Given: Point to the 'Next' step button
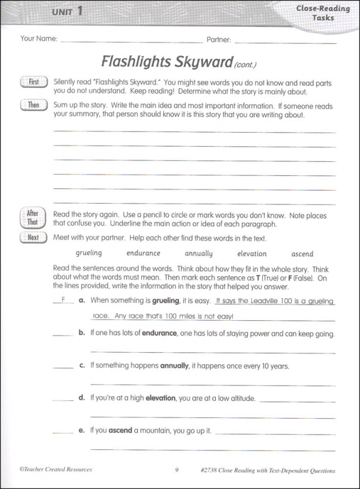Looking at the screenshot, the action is pyautogui.click(x=33, y=238).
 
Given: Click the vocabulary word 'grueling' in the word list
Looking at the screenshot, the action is pyautogui.click(x=89, y=253).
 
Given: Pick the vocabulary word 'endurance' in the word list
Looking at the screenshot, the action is pyautogui.click(x=143, y=253).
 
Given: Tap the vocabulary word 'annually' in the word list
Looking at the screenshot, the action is pyautogui.click(x=198, y=253).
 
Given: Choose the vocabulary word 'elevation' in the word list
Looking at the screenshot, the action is pyautogui.click(x=252, y=253).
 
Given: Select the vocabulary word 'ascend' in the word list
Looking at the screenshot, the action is pyautogui.click(x=302, y=253).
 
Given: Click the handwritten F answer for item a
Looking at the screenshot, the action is pyautogui.click(x=62, y=300).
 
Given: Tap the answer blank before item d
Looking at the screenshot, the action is pyautogui.click(x=62, y=398).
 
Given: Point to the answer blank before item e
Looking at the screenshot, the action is pyautogui.click(x=62, y=430).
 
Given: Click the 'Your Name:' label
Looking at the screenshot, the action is pyautogui.click(x=39, y=39).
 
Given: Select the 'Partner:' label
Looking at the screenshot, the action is pyautogui.click(x=218, y=39).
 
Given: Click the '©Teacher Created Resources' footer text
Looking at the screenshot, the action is pyautogui.click(x=55, y=470).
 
